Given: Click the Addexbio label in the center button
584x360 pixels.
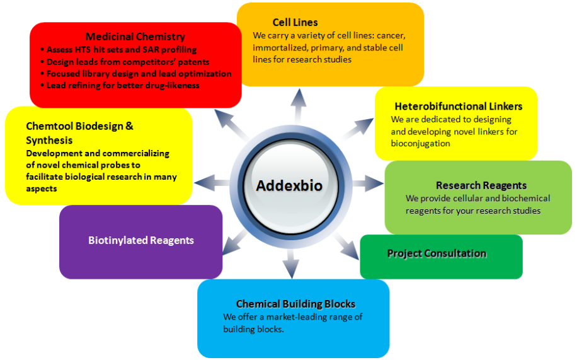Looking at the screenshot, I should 290,186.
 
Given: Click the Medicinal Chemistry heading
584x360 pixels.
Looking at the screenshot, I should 135,37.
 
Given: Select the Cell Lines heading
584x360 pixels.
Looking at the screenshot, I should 295,22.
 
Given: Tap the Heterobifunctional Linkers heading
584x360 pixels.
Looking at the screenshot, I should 458,106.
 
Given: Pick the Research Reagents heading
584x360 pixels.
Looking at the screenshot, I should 481,185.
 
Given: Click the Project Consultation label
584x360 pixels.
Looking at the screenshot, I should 437,253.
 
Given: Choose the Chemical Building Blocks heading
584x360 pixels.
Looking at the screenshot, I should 295,304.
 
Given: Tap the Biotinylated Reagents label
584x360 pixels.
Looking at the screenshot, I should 141,240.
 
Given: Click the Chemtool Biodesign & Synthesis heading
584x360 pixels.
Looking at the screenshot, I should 79,133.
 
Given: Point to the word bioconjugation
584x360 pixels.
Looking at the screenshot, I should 420,143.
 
